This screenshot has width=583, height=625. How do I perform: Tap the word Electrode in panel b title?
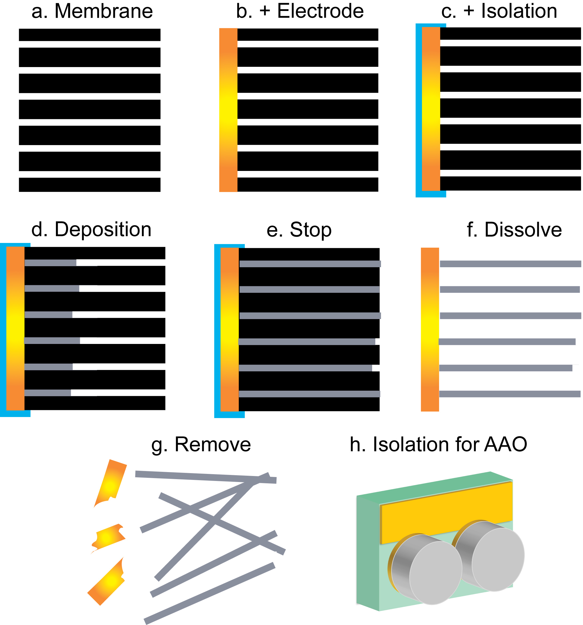(320, 11)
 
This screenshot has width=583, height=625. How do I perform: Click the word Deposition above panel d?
(103, 229)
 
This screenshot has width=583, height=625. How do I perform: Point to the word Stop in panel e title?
(310, 230)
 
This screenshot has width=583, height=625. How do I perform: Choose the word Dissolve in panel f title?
(523, 230)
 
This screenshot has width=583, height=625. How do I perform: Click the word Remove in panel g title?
(212, 444)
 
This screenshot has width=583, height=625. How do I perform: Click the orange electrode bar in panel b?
(228, 110)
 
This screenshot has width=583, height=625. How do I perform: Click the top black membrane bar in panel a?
(89, 35)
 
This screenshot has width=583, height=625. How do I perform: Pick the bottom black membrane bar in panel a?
(89, 185)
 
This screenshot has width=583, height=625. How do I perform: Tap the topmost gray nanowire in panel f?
(510, 264)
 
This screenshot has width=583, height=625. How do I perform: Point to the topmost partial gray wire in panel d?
(50, 263)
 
